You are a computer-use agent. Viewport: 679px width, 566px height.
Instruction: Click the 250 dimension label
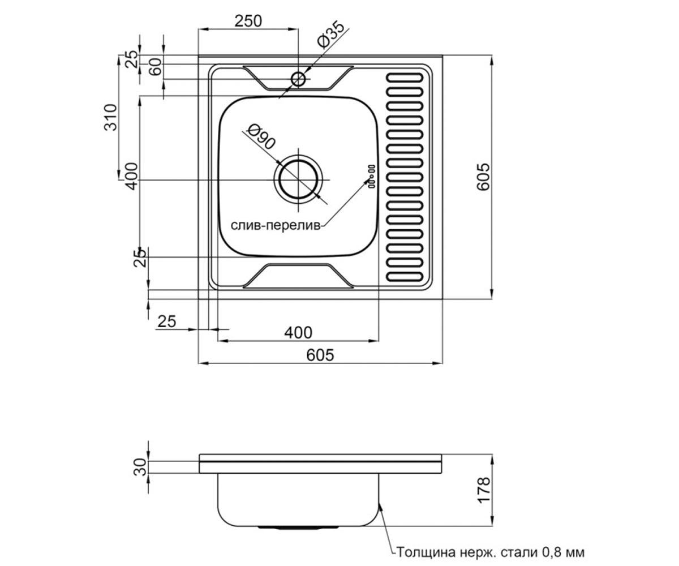click(x=248, y=21)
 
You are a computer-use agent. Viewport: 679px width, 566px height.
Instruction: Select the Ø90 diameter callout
click(x=261, y=138)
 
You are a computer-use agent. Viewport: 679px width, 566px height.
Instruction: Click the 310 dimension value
click(x=110, y=117)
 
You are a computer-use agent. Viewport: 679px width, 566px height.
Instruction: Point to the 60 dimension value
click(x=156, y=67)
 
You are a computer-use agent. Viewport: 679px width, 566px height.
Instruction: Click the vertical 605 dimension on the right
click(x=483, y=177)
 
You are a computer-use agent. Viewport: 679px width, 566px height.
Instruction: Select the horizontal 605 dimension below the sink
click(x=320, y=355)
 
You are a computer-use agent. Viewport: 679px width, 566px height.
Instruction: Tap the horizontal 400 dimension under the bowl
click(x=298, y=333)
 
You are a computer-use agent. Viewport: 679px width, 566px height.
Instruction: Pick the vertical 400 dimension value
click(x=132, y=176)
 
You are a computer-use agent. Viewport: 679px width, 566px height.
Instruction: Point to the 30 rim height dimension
click(x=140, y=467)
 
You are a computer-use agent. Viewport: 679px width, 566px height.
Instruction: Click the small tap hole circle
click(x=298, y=79)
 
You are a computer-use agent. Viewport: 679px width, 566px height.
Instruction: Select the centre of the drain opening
click(x=298, y=179)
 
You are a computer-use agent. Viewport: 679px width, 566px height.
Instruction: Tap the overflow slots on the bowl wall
click(x=371, y=176)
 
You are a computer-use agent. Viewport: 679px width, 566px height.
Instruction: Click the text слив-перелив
click(x=276, y=225)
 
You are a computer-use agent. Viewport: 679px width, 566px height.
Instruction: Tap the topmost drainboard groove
click(x=404, y=78)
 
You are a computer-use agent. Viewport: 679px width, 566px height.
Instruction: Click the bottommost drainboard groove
click(x=404, y=277)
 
